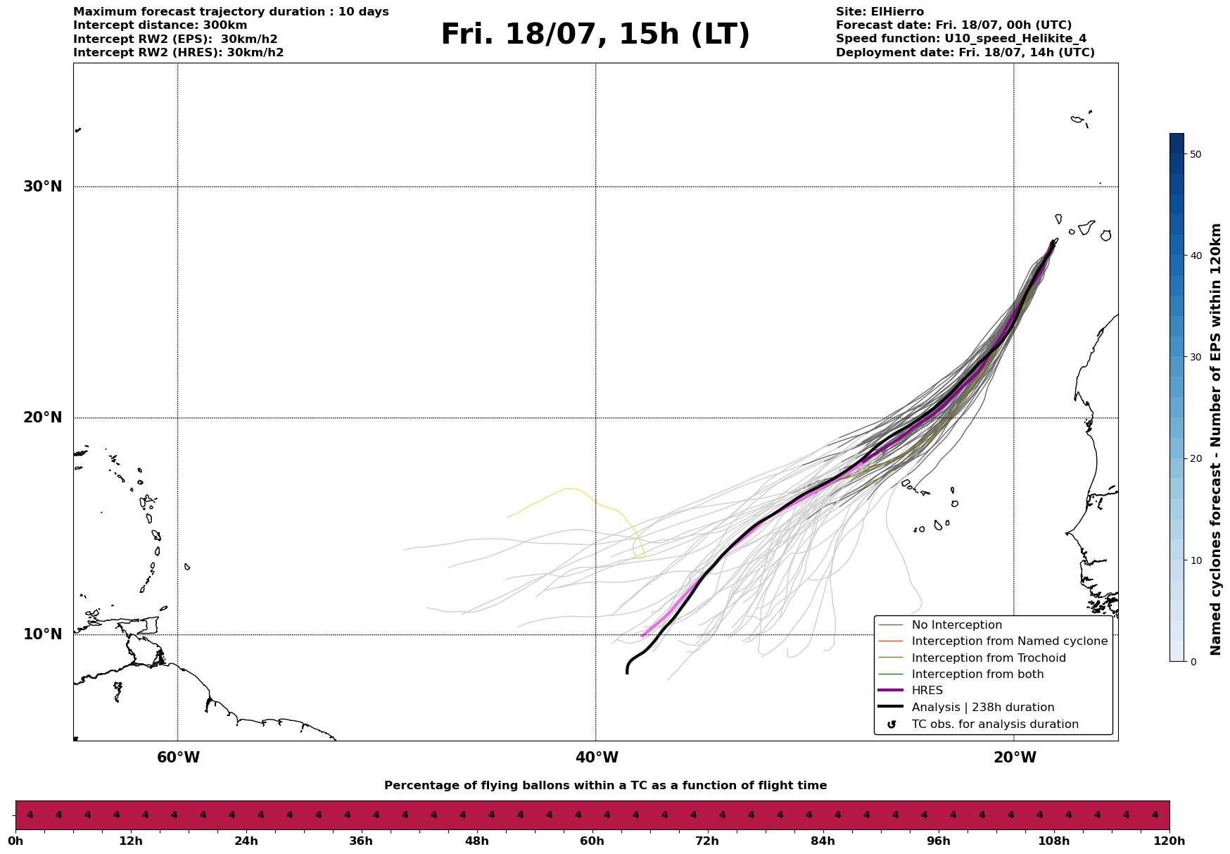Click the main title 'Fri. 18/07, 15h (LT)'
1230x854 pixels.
595,35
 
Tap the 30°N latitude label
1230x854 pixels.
43,187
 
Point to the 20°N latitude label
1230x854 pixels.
43,417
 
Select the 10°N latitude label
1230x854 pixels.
43,634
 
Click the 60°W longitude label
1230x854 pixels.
178,758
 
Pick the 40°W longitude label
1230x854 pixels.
597,758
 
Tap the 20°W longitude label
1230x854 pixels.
1015,758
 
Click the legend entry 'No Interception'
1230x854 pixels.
956,625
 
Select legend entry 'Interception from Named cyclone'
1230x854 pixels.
1009,641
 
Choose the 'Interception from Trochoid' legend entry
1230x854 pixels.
988,658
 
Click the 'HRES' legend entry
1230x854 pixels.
927,691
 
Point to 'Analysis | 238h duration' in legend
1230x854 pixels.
982,708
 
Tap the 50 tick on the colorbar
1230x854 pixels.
1195,154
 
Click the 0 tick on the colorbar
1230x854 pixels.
1191,662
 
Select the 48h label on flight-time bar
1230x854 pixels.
476,841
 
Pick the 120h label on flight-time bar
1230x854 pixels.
1169,841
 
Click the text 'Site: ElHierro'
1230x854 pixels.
880,12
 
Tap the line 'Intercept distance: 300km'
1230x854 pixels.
160,25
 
